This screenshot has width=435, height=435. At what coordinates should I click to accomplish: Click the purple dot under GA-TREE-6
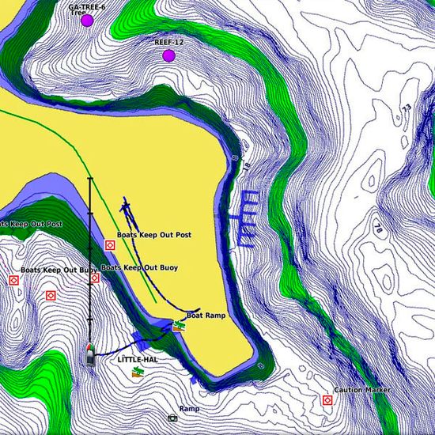point(87,21)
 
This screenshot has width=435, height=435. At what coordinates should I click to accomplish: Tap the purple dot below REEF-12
point(168,55)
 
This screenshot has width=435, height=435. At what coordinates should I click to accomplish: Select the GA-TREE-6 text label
point(86,6)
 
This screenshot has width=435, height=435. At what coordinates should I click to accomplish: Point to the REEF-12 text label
point(168,41)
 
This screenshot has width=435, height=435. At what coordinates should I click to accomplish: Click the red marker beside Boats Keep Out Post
point(110,245)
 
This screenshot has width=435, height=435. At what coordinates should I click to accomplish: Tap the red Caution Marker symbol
point(327,401)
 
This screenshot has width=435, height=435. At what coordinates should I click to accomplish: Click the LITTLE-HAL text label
point(138,359)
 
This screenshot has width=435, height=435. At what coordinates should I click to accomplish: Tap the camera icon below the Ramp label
point(172,418)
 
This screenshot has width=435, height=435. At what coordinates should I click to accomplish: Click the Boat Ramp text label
point(206,315)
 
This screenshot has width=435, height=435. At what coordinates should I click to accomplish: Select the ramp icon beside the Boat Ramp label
point(179,325)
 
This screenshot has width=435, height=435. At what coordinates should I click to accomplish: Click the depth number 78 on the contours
point(377,230)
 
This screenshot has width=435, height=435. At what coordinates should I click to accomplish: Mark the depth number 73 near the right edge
point(406,108)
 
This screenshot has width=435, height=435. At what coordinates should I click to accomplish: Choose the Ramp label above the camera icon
point(189,409)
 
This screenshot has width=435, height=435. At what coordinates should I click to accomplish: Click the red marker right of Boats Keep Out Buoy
point(95,278)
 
